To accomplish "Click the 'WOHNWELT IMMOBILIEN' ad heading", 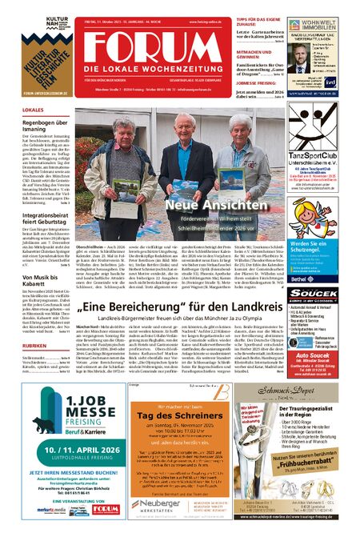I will click(328, 23).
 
